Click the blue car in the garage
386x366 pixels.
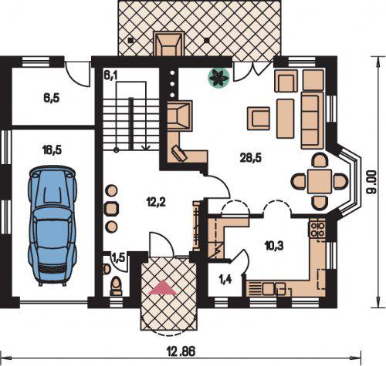52,226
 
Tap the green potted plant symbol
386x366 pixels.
218,77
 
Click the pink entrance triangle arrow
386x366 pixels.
163,287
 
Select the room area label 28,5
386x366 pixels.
251,158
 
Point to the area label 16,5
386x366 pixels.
52,150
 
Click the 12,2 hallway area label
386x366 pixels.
156,203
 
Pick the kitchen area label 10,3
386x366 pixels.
274,246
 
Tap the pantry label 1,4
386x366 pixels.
225,279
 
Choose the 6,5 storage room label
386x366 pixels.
52,99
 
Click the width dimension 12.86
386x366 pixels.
181,351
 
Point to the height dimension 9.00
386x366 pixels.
372,183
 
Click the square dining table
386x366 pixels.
320,181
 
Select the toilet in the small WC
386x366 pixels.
116,286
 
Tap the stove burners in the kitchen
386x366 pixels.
317,230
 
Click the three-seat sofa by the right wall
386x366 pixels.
313,120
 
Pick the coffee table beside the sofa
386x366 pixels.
286,119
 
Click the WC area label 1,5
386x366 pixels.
119,258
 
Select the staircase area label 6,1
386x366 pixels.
110,75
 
